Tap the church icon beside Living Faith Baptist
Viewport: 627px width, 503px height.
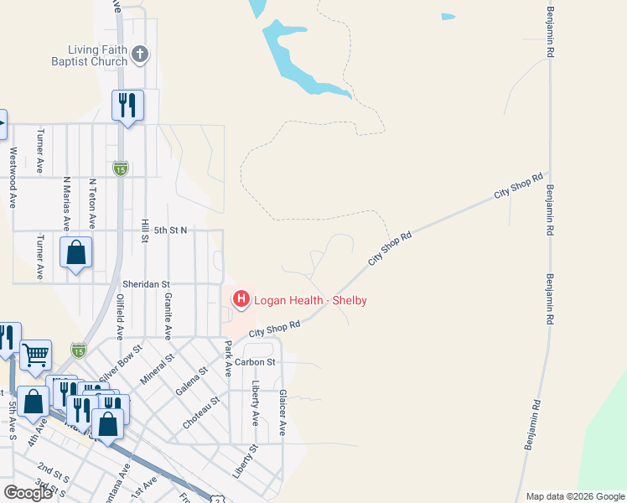coord(140,55)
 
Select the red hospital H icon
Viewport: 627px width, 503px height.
coord(241,298)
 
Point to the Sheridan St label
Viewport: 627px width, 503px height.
coord(146,285)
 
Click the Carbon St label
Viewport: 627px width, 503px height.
coord(255,362)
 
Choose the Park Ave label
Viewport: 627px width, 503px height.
coord(226,358)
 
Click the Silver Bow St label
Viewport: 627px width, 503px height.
coord(119,361)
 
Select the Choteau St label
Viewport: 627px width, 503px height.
coord(201,412)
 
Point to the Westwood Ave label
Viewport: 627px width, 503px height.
coord(13,178)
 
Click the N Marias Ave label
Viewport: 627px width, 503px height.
coord(66,203)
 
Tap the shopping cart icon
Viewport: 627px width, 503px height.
coord(36,355)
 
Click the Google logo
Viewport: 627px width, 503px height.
coord(28,493)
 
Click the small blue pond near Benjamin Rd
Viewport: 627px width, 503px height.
coord(448,16)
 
